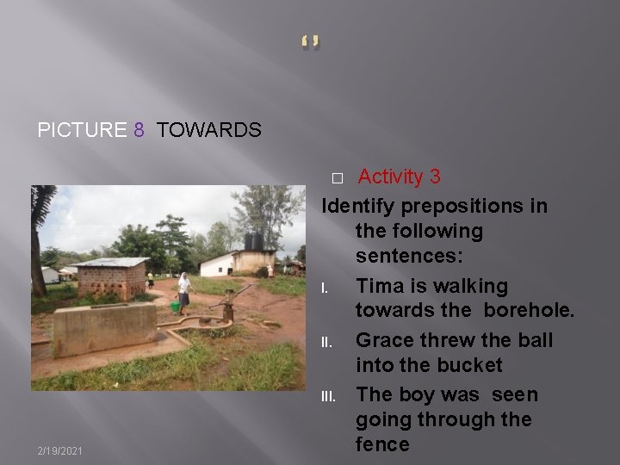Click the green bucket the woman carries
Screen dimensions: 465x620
[176, 306]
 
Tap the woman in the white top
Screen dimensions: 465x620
[184, 291]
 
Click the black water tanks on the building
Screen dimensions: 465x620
[254, 241]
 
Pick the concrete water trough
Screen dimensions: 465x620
[105, 327]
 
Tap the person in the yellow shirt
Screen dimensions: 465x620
[150, 281]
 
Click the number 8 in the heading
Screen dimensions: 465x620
[139, 130]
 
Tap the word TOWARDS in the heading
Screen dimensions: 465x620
[209, 130]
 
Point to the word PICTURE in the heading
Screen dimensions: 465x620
[82, 130]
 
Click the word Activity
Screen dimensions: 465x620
[391, 177]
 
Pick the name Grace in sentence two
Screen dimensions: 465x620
[384, 339]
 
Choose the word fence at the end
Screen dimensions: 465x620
[383, 444]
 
